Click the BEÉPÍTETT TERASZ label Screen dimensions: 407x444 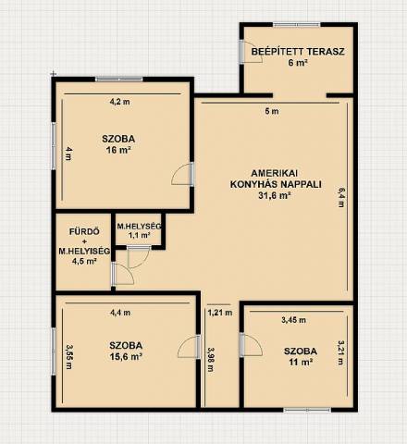[298, 52]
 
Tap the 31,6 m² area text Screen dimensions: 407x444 [275, 196]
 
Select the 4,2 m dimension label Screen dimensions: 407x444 [120, 102]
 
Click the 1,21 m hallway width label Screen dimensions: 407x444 [220, 313]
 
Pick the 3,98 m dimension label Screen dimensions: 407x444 [211, 360]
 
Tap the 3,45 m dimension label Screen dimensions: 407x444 [293, 320]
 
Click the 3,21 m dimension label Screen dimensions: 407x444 [340, 352]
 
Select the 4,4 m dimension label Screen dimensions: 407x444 [120, 313]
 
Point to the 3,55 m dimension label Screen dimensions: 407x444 [68, 357]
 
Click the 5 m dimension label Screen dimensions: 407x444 [272, 111]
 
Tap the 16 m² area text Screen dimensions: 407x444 [118, 151]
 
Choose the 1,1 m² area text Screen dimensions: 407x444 [139, 235]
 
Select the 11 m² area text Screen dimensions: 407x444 [301, 362]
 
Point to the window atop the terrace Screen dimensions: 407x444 [297, 24]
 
